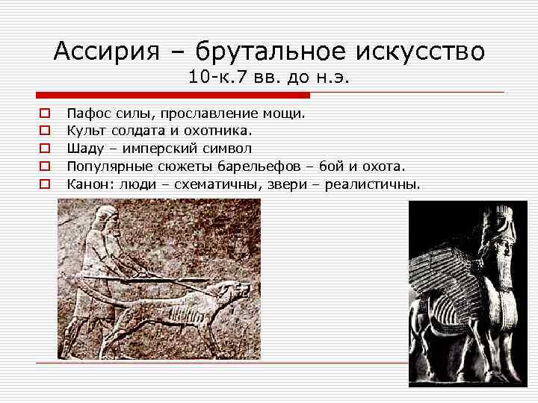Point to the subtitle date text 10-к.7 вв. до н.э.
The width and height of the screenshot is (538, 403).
270,76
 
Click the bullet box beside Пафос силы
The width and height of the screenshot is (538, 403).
44,115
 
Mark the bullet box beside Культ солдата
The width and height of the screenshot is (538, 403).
44,131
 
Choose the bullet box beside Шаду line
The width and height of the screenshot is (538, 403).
44,149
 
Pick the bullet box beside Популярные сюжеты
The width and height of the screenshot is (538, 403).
44,166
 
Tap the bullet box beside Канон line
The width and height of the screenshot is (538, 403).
44,183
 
